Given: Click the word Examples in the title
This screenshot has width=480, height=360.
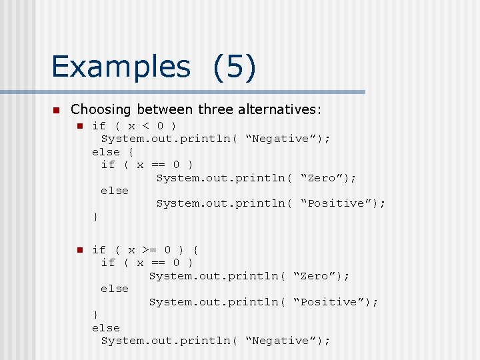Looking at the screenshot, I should (121, 67).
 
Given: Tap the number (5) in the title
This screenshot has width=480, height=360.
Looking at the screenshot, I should (235, 67).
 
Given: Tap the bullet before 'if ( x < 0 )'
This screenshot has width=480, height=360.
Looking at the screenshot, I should (78, 126).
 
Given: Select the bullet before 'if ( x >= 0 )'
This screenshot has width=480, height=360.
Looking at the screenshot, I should (78, 250).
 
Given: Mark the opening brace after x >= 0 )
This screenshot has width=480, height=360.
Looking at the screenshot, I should (195, 250).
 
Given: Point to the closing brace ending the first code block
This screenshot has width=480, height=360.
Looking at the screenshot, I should (95, 217).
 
